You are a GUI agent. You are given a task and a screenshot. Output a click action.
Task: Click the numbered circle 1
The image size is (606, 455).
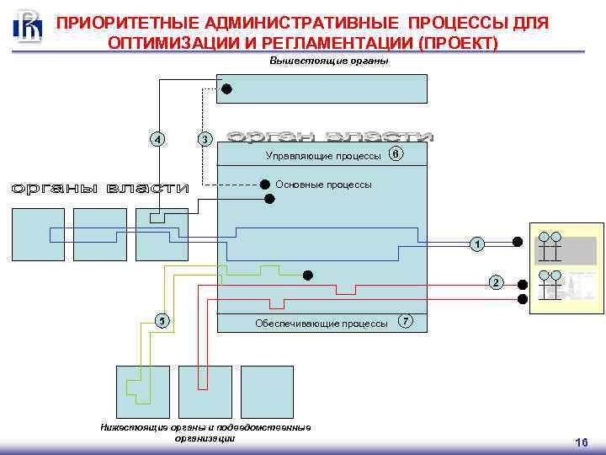coord(477,244)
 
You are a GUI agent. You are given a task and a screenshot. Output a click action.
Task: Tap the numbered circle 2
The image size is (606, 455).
coord(496,282)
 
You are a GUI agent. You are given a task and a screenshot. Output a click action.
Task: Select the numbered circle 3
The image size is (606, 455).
coord(203,139)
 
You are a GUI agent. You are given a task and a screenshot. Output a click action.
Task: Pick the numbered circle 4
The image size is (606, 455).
coord(157,139)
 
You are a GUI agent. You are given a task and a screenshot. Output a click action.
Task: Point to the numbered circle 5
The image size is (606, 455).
coord(162,320)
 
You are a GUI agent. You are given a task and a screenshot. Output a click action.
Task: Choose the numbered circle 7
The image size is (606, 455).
coord(406,322)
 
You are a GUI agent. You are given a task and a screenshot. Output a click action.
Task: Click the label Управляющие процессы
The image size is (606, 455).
coord(323,156)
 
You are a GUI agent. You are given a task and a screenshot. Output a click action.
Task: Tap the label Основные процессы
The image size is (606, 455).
coord(323,185)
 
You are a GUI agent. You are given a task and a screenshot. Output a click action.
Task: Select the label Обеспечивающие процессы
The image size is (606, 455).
coord(321,324)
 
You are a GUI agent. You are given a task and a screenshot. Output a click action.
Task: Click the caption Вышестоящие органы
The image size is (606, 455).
coord(329,62)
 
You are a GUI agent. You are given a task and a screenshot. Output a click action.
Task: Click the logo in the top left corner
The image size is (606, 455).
coord(28,25)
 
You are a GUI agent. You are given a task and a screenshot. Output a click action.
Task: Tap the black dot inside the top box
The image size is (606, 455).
coord(226,88)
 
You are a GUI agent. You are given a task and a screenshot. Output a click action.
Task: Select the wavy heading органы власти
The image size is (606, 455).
coord(100,189)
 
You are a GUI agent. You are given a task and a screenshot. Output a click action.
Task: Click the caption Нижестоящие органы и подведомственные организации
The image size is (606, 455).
coord(205,432)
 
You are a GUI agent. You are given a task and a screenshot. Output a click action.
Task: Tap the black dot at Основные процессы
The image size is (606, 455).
coord(264,185)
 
